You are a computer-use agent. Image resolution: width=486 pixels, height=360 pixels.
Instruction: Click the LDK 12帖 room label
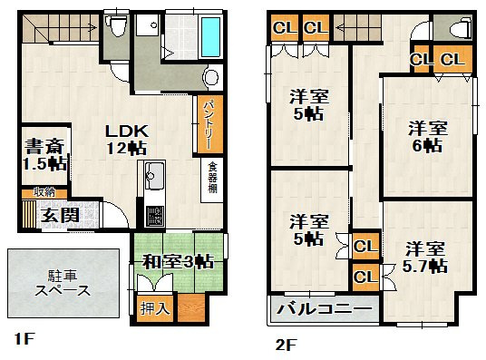pos(124,138)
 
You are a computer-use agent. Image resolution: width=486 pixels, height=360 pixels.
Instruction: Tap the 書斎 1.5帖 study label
pos(44,154)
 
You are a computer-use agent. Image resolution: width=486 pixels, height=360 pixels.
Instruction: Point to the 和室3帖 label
pos(178,262)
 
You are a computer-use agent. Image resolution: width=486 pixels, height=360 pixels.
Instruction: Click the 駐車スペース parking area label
pos(63,283)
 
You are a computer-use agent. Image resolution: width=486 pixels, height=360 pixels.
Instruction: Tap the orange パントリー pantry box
pos(208,122)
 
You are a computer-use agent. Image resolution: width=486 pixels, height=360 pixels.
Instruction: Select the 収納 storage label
pos(44,191)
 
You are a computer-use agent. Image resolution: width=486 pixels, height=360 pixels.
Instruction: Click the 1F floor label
pos(24,341)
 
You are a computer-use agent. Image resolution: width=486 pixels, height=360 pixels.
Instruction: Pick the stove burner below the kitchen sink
pos(154,216)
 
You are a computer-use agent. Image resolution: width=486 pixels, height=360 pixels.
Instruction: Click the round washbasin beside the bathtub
pos(212,74)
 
